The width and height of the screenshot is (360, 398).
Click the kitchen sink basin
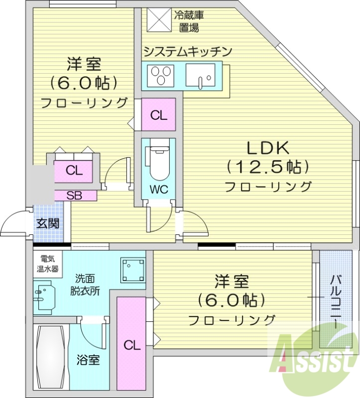[x=200, y=76]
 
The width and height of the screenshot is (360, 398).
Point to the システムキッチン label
[x=187, y=51]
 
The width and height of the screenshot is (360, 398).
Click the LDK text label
[x=267, y=148]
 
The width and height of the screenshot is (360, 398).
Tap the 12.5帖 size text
[x=267, y=167]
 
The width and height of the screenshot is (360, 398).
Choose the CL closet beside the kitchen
[x=158, y=115]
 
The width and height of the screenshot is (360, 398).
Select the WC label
[x=158, y=189]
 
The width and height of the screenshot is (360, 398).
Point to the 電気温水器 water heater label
[x=48, y=264]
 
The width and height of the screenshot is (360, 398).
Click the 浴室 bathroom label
[x=88, y=360]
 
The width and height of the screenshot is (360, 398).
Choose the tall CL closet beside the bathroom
[x=130, y=343]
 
